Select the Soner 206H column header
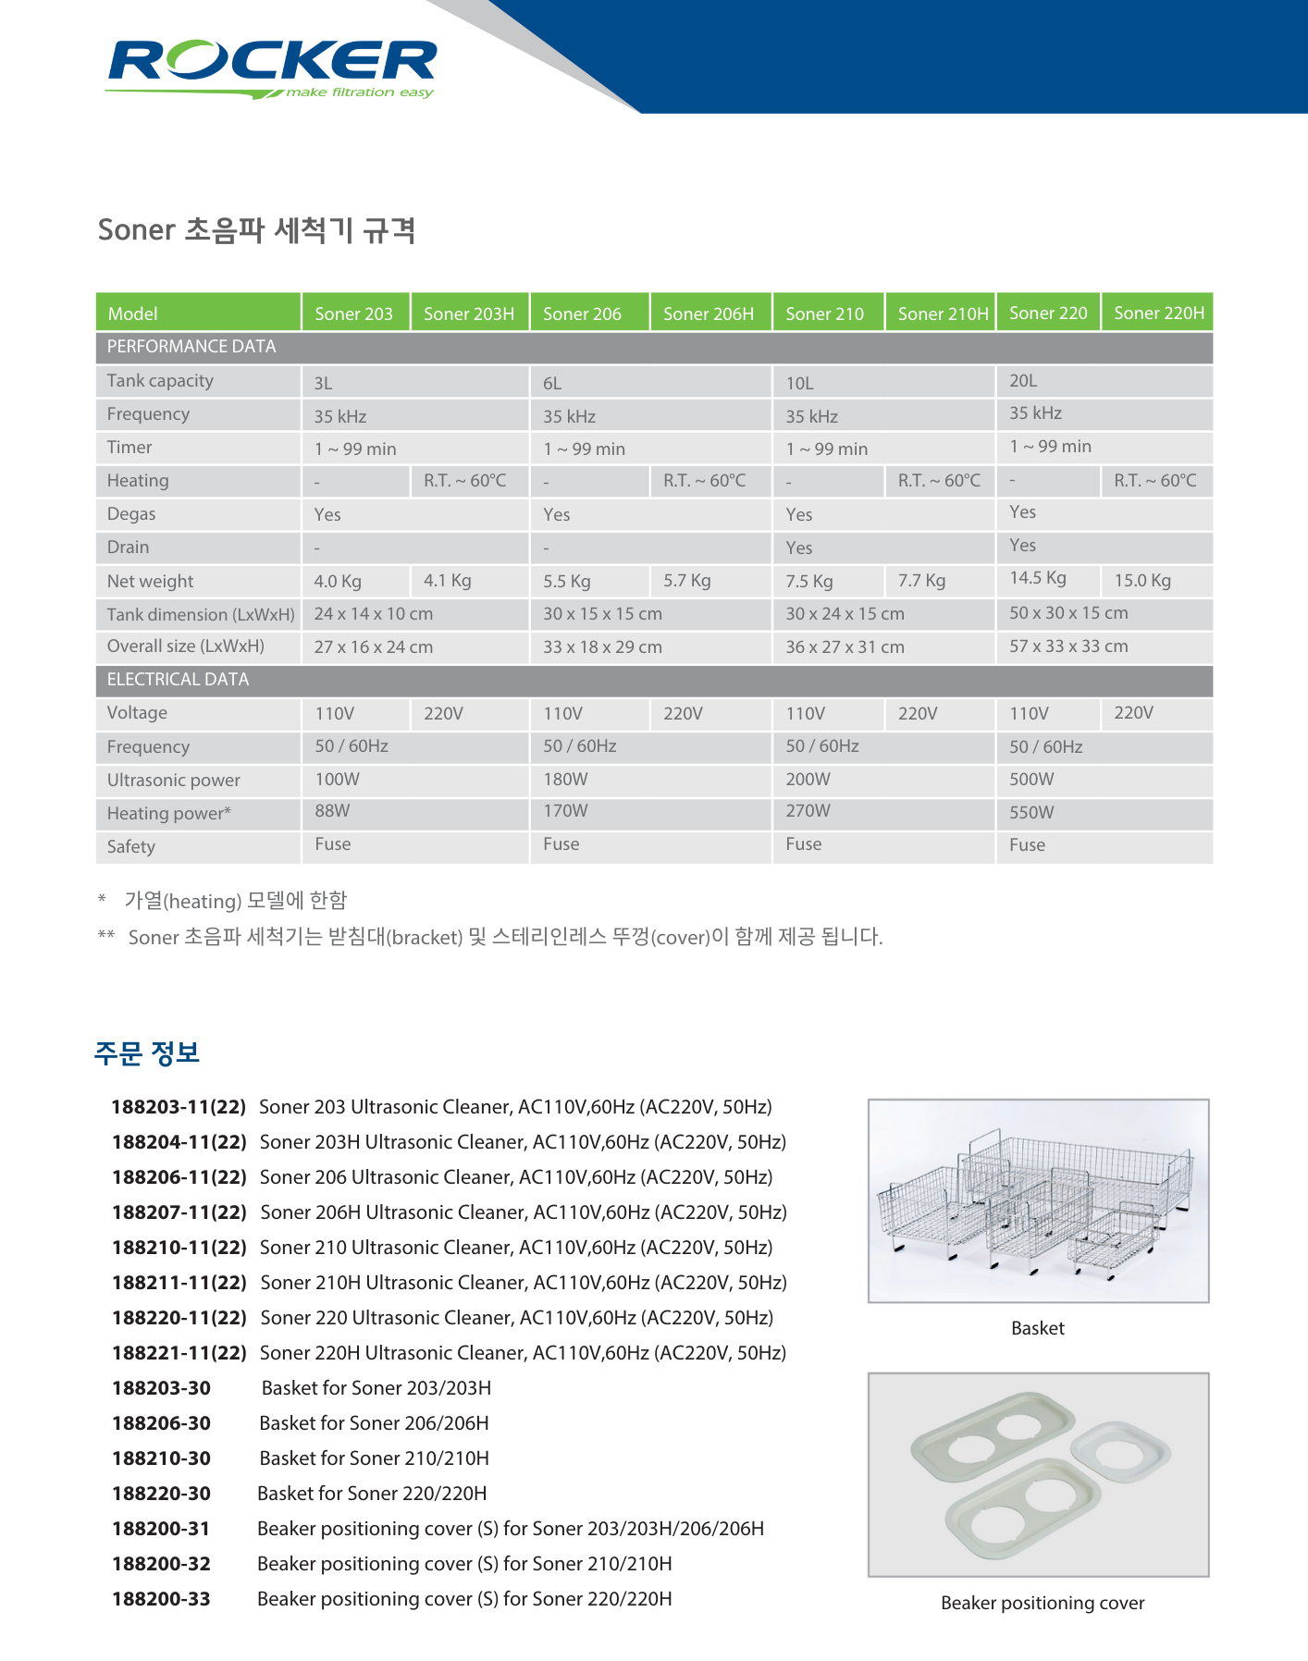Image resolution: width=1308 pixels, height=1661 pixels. pos(708,314)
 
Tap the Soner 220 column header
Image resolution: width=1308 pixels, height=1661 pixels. pos(1048,313)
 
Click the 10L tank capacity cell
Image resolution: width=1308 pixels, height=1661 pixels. pos(799,383)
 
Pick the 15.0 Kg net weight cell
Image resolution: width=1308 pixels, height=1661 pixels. pos(1142,580)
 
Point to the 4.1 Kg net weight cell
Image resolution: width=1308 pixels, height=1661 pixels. pos(448,580)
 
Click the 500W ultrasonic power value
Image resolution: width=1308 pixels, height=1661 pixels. pos(1031,779)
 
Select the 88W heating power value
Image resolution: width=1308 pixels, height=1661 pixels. pos(332,810)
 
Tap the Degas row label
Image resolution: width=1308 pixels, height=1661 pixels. pos(131,513)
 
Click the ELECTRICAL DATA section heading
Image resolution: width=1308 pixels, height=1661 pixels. pos(178,679)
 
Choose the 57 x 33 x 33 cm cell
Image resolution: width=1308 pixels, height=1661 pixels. pos(1068,646)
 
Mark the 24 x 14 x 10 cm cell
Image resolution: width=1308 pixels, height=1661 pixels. pos(373,613)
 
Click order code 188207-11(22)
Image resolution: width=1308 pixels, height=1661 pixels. pos(179,1212)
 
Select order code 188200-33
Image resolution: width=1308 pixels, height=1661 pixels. pos(161,1598)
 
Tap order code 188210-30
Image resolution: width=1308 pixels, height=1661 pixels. pos(161,1458)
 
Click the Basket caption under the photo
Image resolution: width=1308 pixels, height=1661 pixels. pos(1038,1328)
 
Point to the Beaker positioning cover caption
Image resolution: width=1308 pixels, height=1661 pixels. pos(1043,1603)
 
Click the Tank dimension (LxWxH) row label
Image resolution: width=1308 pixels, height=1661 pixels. pos(201,614)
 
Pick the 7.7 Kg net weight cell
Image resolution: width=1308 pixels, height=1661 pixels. pos(921,580)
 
